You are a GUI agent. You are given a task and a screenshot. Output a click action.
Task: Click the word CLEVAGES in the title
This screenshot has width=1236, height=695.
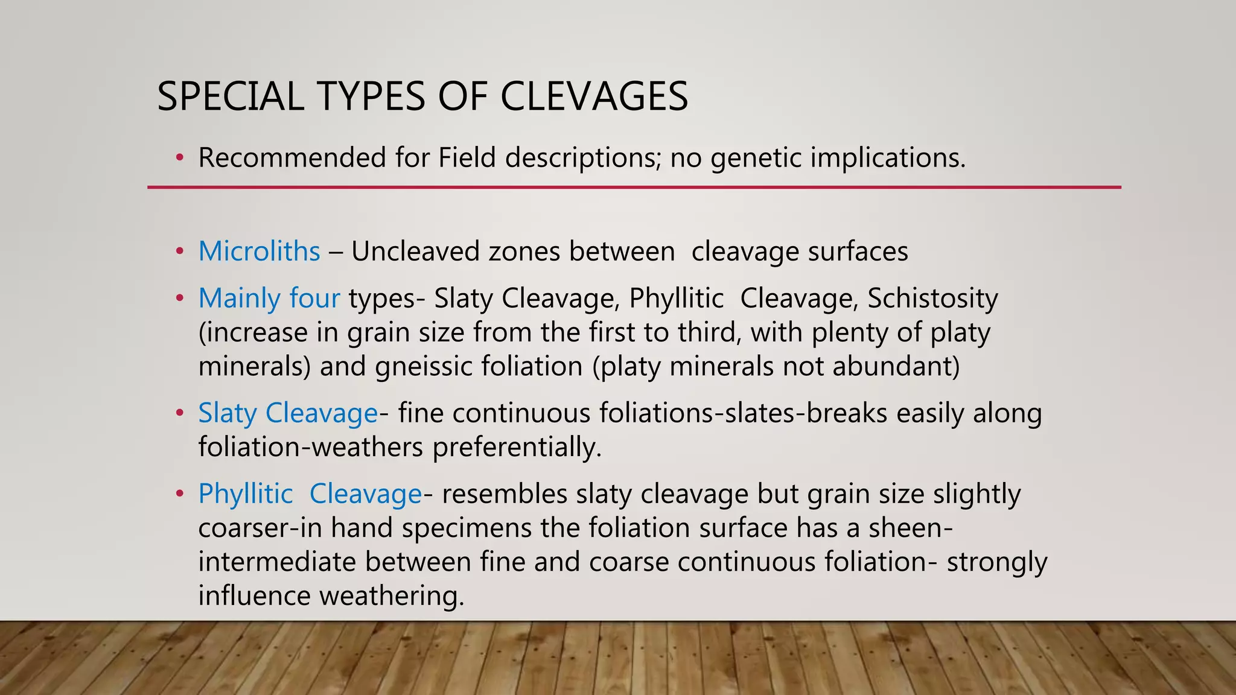[x=594, y=97]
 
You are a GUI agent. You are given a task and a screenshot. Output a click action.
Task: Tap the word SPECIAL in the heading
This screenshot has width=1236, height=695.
[x=231, y=97]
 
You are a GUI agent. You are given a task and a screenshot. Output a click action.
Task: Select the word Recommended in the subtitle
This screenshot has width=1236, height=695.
[x=292, y=158]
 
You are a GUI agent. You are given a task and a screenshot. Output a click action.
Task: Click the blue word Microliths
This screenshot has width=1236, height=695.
[x=259, y=252]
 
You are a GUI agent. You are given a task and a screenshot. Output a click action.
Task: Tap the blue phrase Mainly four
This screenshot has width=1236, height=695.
[x=269, y=299]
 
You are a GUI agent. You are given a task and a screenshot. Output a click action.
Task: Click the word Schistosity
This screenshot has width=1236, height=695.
[x=932, y=299]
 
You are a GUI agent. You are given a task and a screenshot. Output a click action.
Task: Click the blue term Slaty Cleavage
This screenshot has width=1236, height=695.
[x=288, y=414]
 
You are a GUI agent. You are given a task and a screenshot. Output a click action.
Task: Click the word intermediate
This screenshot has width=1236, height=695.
[x=277, y=562]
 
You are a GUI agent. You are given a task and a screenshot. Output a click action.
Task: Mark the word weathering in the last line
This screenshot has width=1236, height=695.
[x=392, y=596]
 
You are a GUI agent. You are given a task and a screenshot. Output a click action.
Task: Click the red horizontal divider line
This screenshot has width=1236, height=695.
[x=634, y=188]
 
